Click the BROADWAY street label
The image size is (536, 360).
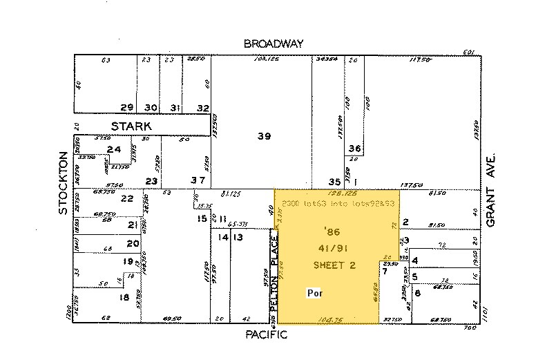tap(274, 44)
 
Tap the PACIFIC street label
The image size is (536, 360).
tap(266, 334)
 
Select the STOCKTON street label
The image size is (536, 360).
tap(63, 182)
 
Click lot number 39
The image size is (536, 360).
tap(264, 137)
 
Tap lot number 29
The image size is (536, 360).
tap(126, 108)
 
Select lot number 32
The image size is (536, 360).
tap(202, 108)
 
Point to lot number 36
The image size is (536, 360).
tap(355, 149)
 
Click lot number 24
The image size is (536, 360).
tap(114, 149)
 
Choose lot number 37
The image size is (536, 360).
tap(198, 181)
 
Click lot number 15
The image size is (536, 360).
tap(202, 218)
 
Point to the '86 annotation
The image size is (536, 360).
tap(331, 229)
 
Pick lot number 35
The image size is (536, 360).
tap(334, 182)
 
